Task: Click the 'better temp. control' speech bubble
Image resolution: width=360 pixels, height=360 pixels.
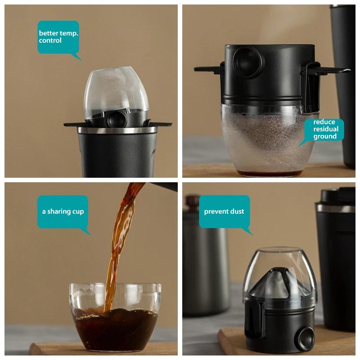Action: [x=58, y=37]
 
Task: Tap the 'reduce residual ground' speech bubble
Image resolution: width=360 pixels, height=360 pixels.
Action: [x=324, y=130]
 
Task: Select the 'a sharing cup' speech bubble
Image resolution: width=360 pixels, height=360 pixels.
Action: [x=63, y=211]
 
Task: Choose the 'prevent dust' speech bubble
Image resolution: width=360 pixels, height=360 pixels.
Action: [x=224, y=211]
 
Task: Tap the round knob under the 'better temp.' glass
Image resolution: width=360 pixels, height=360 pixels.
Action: [x=117, y=119]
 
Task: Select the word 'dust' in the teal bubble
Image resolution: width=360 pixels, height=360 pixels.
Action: [x=237, y=211]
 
